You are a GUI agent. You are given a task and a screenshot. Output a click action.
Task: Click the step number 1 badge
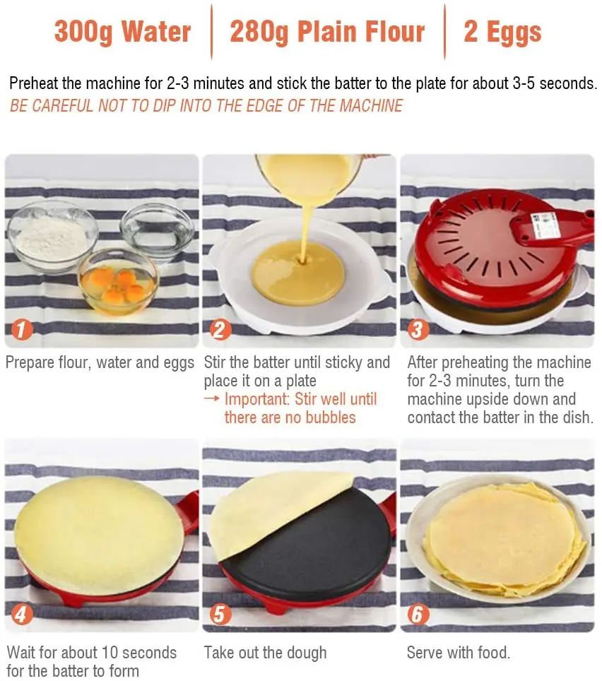coord(22,329)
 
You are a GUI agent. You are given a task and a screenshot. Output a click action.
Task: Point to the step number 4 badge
coord(22,614)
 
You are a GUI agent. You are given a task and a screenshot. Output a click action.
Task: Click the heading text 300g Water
coord(122,32)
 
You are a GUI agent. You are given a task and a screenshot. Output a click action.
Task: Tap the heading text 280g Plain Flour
coord(327,32)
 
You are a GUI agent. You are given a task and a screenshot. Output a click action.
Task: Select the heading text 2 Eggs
coord(502,32)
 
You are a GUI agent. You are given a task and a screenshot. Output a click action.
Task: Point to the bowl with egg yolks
coord(117,280)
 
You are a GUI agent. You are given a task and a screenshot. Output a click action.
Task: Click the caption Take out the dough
coord(266,652)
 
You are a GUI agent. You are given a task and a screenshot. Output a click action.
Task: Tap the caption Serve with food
coord(459,652)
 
